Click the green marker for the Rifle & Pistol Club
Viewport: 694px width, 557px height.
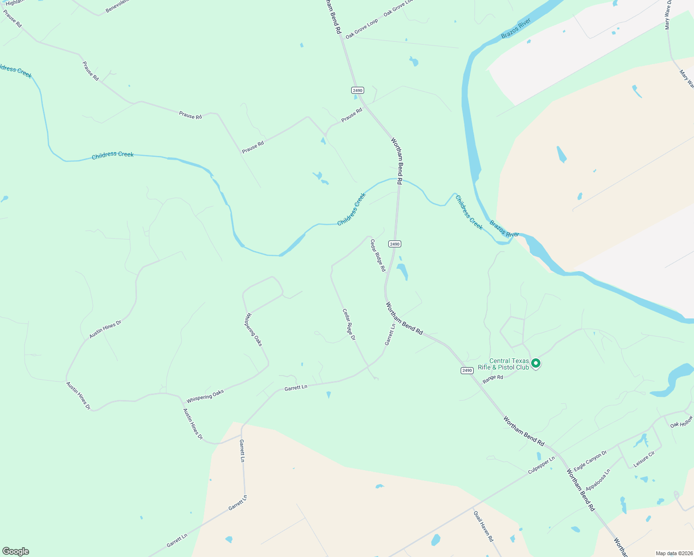click(536, 363)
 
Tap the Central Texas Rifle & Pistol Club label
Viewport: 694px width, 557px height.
click(503, 364)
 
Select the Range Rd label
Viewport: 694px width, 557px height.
click(493, 378)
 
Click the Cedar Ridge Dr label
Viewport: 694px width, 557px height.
click(349, 324)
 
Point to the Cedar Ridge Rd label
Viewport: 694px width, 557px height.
click(378, 255)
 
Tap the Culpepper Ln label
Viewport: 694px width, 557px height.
click(541, 465)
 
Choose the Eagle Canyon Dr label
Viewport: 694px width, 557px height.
click(590, 461)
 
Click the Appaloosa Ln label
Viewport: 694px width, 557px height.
click(598, 480)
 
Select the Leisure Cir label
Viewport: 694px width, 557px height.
click(644, 460)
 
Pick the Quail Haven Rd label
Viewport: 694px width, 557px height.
click(483, 526)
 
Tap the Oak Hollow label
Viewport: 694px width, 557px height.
click(681, 422)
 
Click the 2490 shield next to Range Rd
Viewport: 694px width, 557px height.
click(467, 370)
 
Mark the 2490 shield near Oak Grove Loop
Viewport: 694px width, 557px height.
click(357, 90)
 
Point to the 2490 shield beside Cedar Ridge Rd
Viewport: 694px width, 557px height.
click(394, 244)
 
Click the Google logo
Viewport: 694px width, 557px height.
click(15, 551)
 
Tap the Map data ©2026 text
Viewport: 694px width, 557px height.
click(673, 553)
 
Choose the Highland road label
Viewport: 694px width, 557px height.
click(14, 2)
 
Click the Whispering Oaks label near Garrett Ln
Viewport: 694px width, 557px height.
click(205, 396)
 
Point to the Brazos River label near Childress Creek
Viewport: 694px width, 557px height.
click(504, 229)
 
